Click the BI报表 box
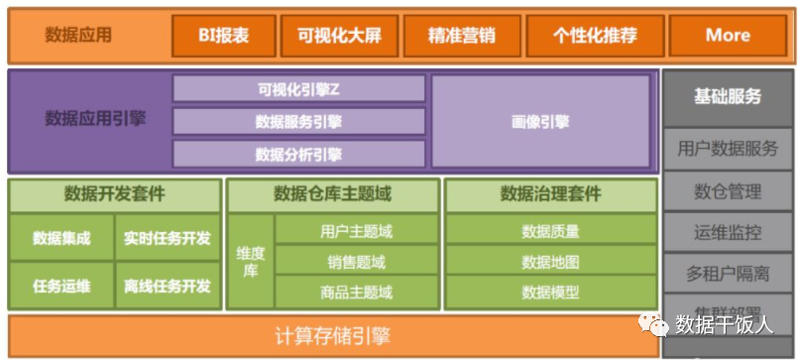(x=223, y=36)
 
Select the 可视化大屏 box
(x=339, y=36)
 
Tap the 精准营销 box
(x=461, y=36)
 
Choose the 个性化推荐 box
(x=594, y=36)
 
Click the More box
(x=728, y=36)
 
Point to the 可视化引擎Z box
(x=298, y=89)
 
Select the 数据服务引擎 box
(x=298, y=122)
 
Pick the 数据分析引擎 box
(x=298, y=154)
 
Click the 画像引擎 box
(x=541, y=122)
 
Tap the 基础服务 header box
(x=728, y=96)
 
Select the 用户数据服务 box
(x=728, y=149)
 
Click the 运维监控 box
(x=728, y=232)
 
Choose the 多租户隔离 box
(x=728, y=273)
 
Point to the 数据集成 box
(x=61, y=238)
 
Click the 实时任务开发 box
(x=168, y=238)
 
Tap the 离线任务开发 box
(x=168, y=286)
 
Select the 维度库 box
(x=250, y=262)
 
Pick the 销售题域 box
(x=356, y=262)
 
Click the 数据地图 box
(x=550, y=262)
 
